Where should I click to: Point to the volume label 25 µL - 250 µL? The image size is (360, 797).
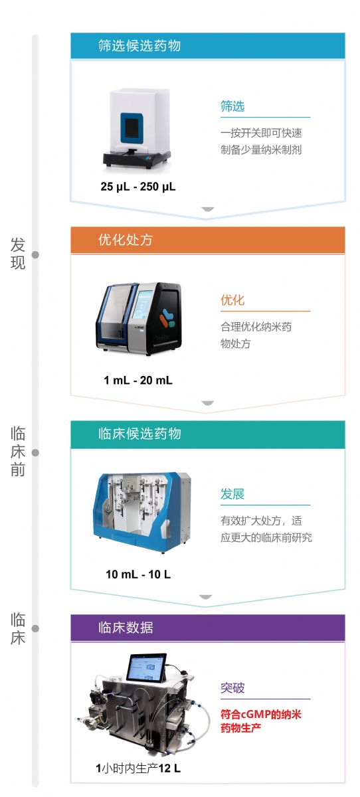[x=138, y=187]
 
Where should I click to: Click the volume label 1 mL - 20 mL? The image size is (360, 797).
[x=138, y=381]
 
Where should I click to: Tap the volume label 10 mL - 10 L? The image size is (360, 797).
[x=138, y=575]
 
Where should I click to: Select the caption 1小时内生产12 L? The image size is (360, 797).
[x=138, y=768]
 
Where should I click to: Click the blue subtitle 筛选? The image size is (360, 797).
[x=232, y=106]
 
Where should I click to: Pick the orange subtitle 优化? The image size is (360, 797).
[x=232, y=300]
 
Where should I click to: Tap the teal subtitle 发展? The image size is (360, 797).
[x=232, y=494]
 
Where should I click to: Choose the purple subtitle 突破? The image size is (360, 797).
[x=232, y=688]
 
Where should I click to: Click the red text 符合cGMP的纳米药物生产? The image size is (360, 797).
[x=261, y=721]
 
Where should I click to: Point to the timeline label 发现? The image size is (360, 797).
[x=18, y=254]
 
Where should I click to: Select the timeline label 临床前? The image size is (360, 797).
[x=18, y=452]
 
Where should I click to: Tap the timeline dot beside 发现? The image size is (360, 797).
[x=35, y=255]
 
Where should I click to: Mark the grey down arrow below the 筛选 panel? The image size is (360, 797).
[x=208, y=209]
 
